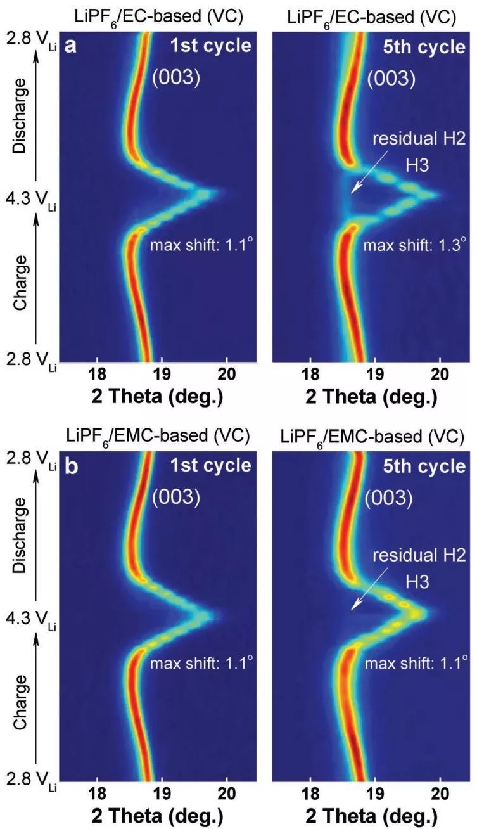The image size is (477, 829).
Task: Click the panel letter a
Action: (72, 46)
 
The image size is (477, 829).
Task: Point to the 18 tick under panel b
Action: (97, 795)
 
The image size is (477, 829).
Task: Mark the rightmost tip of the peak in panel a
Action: (219, 192)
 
